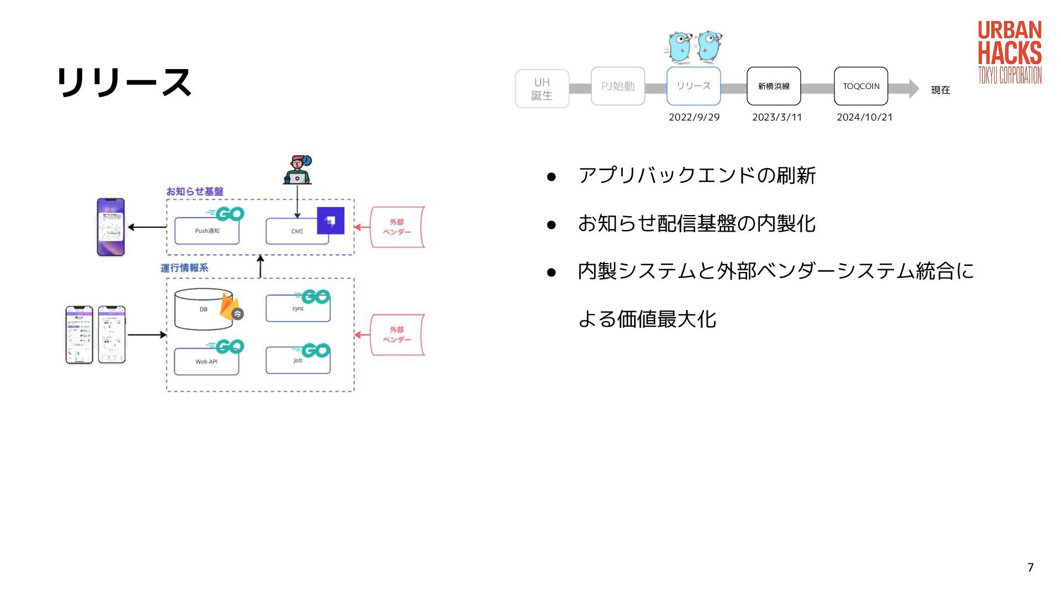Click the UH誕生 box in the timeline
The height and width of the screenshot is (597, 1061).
coord(542,88)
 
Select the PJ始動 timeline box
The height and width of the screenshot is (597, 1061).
coord(618,86)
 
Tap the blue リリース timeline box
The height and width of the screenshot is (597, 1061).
coord(694,86)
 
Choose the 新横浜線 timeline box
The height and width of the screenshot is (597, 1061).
coord(774,86)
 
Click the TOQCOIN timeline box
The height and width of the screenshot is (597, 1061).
coord(861,86)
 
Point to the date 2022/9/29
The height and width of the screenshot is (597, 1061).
coord(694,117)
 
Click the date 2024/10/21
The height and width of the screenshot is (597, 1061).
coord(864,117)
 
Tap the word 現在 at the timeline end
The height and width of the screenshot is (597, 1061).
coord(941,90)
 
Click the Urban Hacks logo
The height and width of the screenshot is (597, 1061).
coord(1010,53)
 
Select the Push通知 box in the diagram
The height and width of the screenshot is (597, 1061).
coord(207,231)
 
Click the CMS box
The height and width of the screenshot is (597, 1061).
coord(297,232)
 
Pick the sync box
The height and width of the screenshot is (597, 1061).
coord(298,309)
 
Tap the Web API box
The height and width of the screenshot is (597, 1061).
coord(206,362)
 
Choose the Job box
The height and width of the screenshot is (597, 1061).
coord(298,361)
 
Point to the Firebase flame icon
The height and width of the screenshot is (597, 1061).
coord(229,307)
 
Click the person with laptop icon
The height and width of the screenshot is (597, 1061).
coord(298,170)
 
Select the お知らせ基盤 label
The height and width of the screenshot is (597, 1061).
coord(195,192)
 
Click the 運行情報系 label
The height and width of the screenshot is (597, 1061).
coord(184,268)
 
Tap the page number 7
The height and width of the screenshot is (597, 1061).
coord(1030,568)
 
